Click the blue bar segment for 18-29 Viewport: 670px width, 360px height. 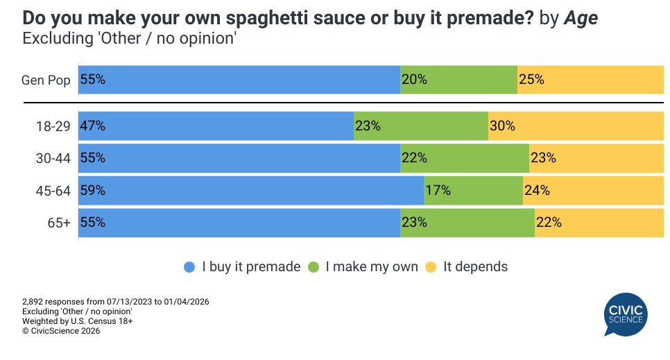(x=216, y=126)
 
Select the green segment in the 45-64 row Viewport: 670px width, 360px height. (x=473, y=190)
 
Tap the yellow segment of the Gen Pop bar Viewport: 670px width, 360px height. (x=590, y=80)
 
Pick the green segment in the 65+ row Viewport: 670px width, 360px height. (x=467, y=223)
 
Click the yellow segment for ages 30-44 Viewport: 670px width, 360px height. (x=596, y=158)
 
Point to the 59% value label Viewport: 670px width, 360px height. (x=93, y=190)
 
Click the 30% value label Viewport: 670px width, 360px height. (x=502, y=126)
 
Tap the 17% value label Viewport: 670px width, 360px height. (x=438, y=190)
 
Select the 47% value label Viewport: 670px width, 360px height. (x=93, y=126)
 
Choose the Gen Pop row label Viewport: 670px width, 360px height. (x=46, y=80)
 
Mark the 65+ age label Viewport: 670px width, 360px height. (x=59, y=223)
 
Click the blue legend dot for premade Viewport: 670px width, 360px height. (x=189, y=267)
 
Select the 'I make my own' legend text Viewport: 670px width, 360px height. (x=372, y=267)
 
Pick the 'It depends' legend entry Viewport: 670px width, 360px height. (x=475, y=267)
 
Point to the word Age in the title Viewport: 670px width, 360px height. (x=581, y=18)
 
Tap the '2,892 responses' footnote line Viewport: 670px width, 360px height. (x=116, y=302)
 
